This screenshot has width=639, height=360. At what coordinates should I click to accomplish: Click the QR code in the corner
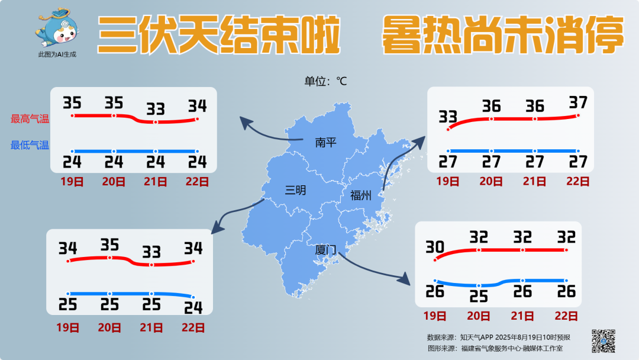603,340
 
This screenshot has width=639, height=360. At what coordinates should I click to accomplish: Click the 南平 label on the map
325,143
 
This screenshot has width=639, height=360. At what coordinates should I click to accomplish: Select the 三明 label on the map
296,190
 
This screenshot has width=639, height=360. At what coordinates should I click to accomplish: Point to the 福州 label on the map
360,195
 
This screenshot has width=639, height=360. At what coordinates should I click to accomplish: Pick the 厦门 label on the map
325,250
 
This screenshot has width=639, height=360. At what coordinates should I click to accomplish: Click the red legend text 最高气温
30,119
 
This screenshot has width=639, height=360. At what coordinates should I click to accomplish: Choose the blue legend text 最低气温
30,145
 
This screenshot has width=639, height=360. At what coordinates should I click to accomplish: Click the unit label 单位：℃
325,82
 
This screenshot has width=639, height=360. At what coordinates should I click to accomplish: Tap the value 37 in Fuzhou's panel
577,102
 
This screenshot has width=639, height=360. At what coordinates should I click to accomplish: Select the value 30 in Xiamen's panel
435,246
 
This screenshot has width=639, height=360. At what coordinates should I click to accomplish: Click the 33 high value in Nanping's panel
156,109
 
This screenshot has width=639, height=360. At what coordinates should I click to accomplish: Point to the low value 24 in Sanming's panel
193,307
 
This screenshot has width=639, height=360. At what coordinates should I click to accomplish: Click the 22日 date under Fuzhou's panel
577,182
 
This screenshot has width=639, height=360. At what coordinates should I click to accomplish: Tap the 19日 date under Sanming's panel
68,327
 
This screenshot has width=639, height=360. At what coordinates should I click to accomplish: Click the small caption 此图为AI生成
57,54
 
